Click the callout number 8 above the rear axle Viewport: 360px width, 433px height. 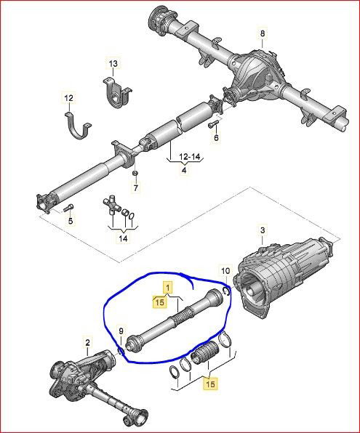(x=262, y=33)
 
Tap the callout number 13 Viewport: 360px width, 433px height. (x=113, y=64)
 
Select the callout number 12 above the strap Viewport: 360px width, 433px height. (x=69, y=98)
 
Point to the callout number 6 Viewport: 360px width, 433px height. (x=216, y=137)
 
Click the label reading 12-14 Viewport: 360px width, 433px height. (x=189, y=157)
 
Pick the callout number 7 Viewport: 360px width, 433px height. (x=135, y=188)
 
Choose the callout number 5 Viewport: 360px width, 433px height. (x=71, y=221)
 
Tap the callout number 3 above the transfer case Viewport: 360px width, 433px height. (x=263, y=230)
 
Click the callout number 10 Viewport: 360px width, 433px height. (x=225, y=271)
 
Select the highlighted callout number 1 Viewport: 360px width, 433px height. (x=168, y=288)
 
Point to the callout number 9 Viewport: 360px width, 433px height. (x=121, y=331)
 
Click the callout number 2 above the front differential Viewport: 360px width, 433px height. (x=87, y=343)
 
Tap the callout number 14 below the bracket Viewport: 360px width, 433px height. (x=123, y=238)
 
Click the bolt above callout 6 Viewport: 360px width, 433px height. (x=212, y=125)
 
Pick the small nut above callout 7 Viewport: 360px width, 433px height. (x=135, y=173)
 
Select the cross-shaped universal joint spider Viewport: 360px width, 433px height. (x=112, y=205)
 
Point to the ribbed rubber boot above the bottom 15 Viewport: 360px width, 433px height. (x=204, y=353)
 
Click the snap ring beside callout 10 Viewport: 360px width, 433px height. (x=226, y=291)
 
